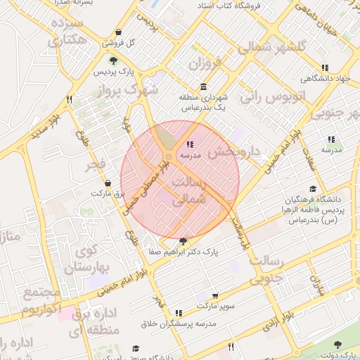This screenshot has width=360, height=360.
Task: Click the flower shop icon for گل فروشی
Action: [117, 32]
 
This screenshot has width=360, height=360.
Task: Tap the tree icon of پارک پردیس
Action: [113, 61]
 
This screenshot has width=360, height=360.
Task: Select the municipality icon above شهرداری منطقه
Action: [203, 87]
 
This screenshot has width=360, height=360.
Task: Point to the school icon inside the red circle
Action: [191, 144]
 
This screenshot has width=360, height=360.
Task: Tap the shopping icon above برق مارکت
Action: [107, 183]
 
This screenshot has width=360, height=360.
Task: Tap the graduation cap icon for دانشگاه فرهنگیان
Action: [312, 188]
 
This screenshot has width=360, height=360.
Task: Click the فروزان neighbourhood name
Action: [204, 65]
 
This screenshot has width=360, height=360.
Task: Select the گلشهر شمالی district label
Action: [272, 47]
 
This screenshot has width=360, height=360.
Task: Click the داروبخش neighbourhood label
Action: [236, 151]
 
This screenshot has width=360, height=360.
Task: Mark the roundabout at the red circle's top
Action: [169, 155]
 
